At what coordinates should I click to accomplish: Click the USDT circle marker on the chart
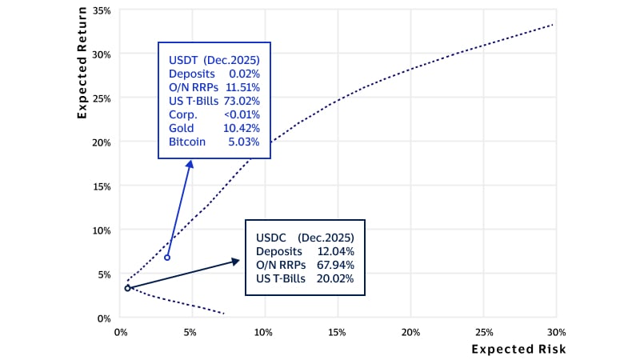point(166,258)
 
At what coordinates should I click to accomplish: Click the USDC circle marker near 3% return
point(127,288)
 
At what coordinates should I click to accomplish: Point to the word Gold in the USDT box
point(182,128)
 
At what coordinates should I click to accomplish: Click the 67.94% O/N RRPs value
point(336,265)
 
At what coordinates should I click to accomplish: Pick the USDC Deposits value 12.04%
point(336,251)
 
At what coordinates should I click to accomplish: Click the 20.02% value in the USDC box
point(336,278)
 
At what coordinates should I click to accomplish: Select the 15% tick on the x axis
point(338,332)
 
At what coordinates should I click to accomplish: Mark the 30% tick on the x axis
point(555,332)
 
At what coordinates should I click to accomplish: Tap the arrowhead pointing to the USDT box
point(190,163)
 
